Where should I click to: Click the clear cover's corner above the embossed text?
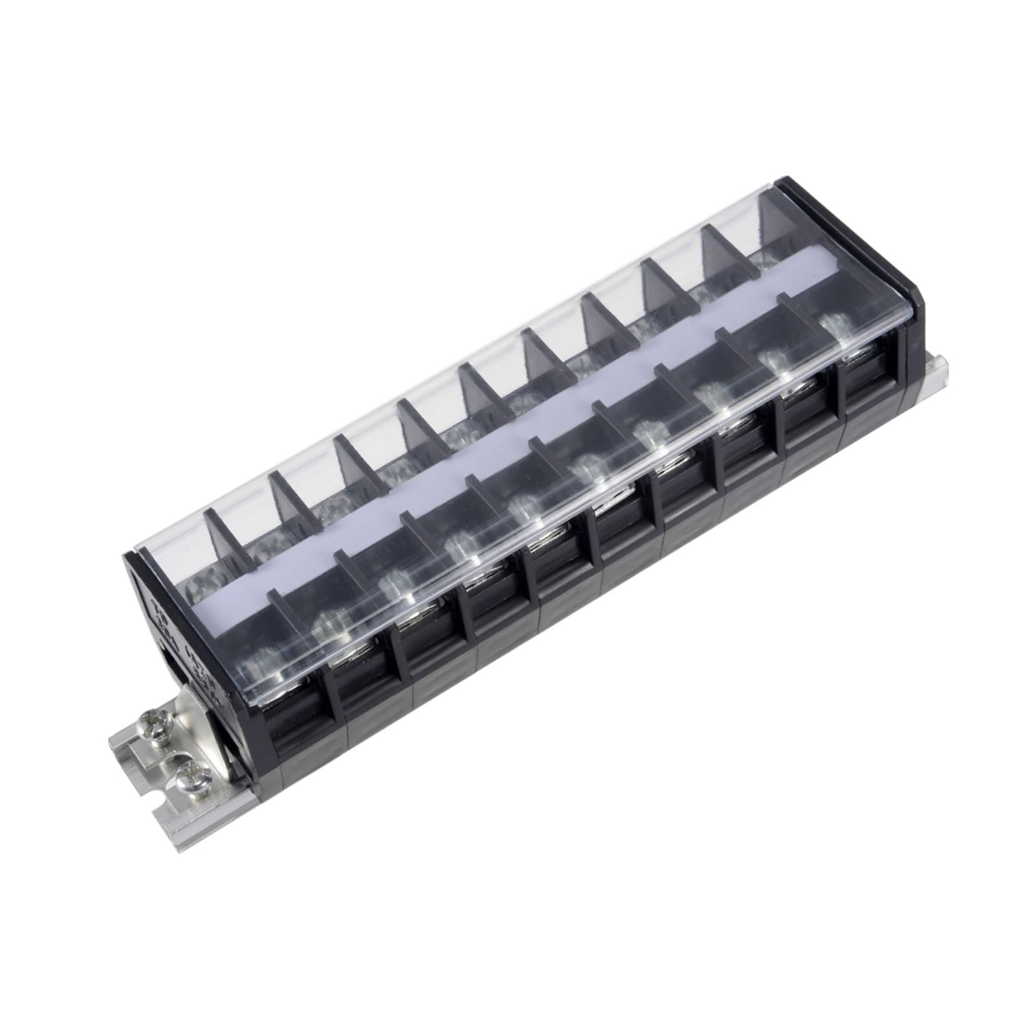[129, 556]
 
